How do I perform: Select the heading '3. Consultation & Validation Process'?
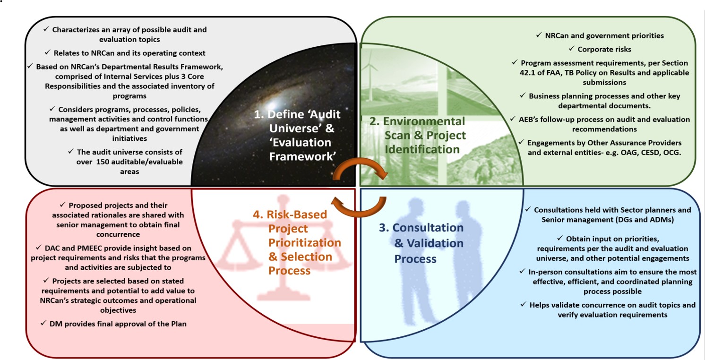point(421,243)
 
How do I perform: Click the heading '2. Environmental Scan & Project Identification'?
point(417,135)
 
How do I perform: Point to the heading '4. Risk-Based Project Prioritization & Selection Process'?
point(297,242)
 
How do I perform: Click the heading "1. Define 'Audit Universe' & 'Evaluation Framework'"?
point(297,135)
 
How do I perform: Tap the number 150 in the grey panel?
point(104,162)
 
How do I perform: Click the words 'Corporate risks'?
point(604,50)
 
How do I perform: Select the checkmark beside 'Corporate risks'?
point(572,49)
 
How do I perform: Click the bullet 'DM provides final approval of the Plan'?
point(114,324)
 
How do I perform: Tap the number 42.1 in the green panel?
point(528,73)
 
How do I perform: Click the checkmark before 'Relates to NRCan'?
point(48,52)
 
